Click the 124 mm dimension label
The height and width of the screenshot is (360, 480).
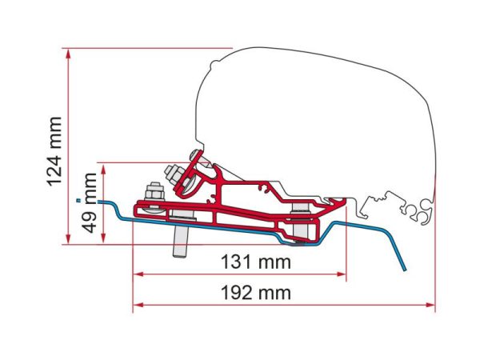[54, 151]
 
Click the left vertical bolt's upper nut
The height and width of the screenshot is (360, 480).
[154, 191]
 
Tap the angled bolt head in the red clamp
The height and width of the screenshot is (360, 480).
[174, 175]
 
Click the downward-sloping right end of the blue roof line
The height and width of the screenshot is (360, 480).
[400, 256]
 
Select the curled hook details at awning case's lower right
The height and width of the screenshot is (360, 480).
[414, 210]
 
